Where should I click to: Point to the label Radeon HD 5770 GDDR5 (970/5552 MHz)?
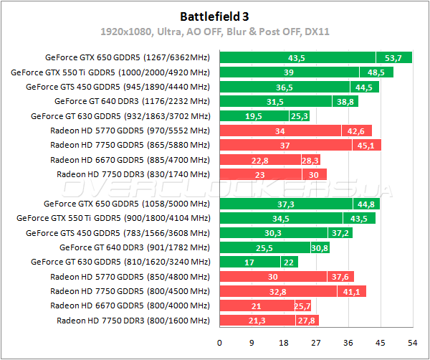tap(130, 131)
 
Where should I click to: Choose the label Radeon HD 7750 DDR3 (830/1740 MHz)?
tap(133, 174)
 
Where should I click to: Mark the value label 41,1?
tap(351, 291)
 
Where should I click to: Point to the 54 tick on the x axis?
tap(413, 343)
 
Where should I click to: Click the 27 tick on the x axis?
tap(316, 343)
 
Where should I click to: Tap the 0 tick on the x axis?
tap(219, 343)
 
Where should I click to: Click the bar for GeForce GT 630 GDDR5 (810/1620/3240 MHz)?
tap(259, 262)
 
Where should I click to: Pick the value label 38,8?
tap(345, 102)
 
